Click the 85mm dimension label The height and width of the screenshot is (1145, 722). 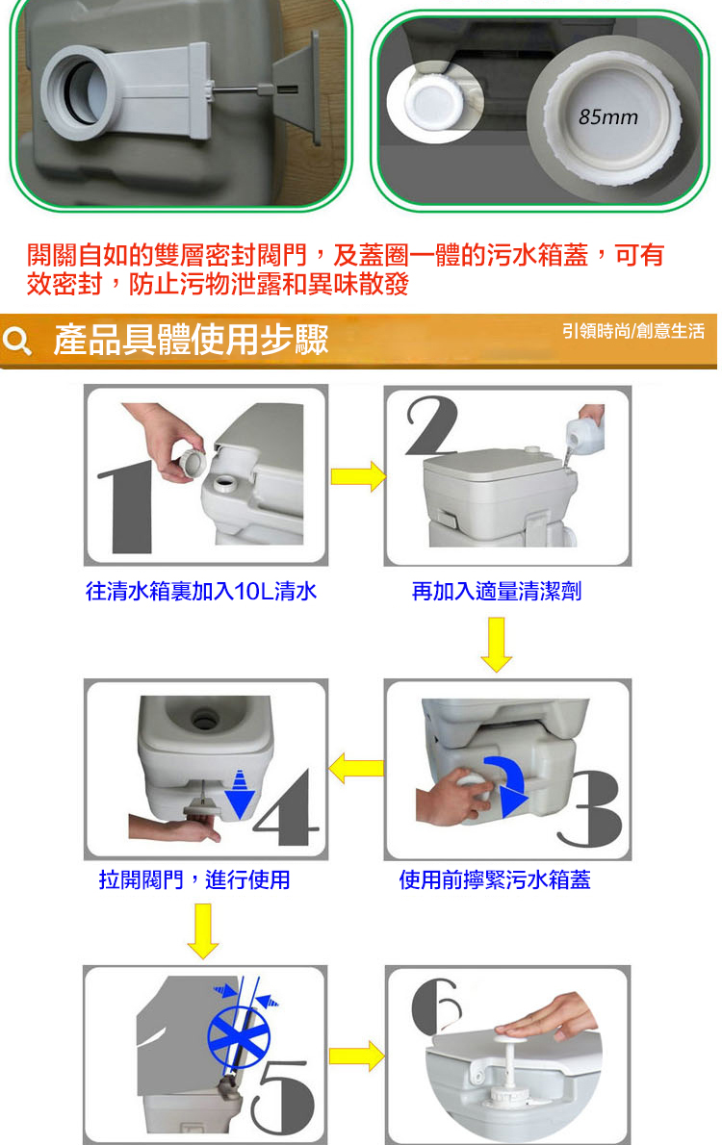pos(608,116)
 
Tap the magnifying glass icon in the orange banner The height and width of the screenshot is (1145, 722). pos(16,341)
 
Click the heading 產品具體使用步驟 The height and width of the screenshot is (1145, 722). pos(192,340)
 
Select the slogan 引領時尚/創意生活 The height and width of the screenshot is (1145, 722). pos(632,332)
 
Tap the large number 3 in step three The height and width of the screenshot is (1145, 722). pos(589,809)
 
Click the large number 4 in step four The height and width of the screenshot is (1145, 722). pos(287,807)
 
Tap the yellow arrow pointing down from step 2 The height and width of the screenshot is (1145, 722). pos(496,644)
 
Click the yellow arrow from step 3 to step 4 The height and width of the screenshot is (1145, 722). pos(356,769)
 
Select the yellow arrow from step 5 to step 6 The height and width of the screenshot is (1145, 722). pos(356,1056)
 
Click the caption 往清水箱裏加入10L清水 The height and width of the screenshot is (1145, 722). pos(201,591)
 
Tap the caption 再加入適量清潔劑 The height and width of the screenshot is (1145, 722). pos(497,591)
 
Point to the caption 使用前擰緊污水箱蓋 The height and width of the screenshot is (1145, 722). pos(495,880)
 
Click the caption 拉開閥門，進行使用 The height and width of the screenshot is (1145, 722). pos(194,880)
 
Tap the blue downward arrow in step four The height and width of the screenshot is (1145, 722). pos(239,795)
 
